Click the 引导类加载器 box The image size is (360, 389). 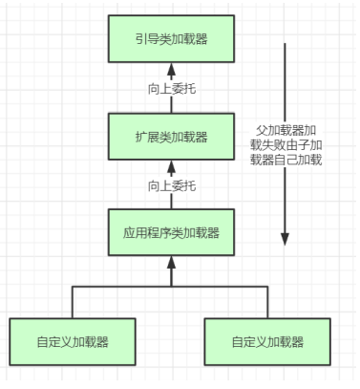tap(171, 38)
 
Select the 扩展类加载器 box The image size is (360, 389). tap(171, 137)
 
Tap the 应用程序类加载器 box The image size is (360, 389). tap(171, 232)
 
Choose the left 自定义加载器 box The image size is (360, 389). tap(73, 341)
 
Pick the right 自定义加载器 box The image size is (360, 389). tap(267, 341)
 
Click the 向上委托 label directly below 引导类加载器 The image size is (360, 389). tap(172, 89)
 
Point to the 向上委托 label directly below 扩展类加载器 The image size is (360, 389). tap(172, 185)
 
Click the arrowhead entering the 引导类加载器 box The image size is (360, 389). tap(172, 69)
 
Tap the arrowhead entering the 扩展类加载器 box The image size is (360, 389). tap(172, 166)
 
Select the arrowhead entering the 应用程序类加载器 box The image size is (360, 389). tap(172, 262)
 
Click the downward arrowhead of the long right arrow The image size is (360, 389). tap(285, 239)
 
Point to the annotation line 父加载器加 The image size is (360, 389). tap(286, 130)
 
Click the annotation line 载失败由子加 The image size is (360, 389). tap(286, 145)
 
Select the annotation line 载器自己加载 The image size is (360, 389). tap(286, 160)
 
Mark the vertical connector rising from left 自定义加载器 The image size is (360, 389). tap(73, 302)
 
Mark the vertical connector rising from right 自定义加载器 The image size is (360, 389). tap(267, 302)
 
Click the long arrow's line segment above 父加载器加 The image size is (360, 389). tap(285, 83)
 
